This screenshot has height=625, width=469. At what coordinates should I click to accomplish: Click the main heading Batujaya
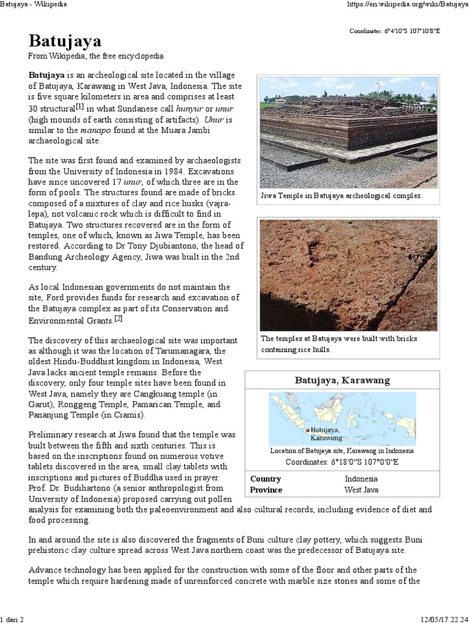point(65,42)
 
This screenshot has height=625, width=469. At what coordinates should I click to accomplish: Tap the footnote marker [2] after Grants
point(118,319)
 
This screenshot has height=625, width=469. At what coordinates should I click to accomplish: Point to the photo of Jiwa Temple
point(349,132)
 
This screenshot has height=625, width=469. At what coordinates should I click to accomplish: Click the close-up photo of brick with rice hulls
point(349,275)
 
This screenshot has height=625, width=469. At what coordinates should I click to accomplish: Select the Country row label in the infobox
point(266,479)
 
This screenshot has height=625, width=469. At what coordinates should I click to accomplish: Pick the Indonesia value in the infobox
point(361,479)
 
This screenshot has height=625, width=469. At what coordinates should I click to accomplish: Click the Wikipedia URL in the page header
point(398,4)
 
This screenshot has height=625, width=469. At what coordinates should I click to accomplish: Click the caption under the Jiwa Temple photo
point(341,197)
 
